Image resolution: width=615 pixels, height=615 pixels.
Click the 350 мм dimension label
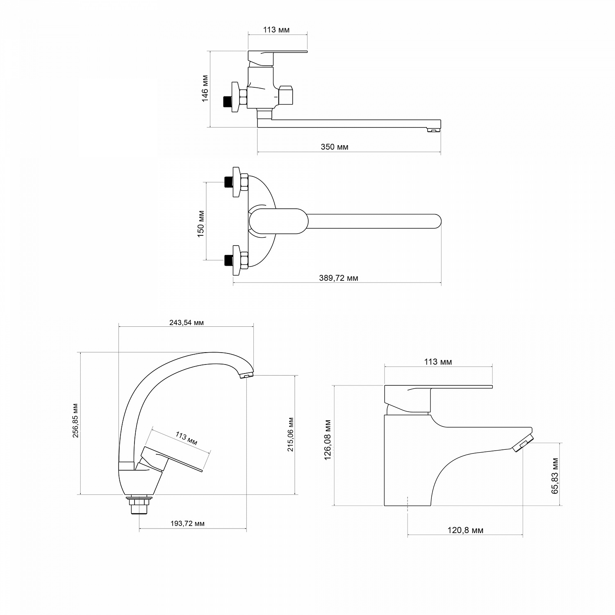(x=335, y=147)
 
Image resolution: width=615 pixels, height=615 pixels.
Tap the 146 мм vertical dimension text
(x=205, y=88)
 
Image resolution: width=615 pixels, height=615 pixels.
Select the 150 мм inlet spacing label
(x=201, y=224)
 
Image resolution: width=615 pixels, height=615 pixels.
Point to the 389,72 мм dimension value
(x=339, y=278)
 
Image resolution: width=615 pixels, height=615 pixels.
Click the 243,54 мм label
(x=187, y=322)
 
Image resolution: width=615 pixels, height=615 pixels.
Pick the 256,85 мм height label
(x=75, y=421)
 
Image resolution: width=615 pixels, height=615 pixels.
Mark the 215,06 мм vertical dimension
(x=291, y=435)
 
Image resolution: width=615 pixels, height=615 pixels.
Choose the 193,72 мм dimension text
(x=187, y=524)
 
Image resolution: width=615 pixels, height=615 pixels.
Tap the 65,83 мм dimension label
(x=556, y=476)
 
